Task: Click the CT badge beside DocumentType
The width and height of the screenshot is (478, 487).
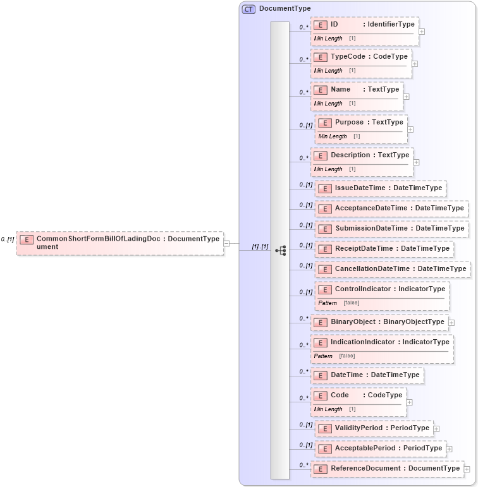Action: [x=249, y=9]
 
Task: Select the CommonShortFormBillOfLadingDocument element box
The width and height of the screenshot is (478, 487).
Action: [x=120, y=243]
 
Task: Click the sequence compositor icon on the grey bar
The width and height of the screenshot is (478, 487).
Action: [x=280, y=251]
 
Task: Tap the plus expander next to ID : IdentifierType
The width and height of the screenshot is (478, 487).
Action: [x=422, y=31]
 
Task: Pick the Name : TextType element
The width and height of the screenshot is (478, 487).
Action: [x=357, y=90]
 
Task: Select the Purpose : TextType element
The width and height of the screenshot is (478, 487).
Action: [x=361, y=123]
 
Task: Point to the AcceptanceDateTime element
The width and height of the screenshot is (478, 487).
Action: [x=391, y=208]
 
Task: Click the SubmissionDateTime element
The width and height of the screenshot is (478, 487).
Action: [x=391, y=229]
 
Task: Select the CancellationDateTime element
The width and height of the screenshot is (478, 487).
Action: [x=393, y=269]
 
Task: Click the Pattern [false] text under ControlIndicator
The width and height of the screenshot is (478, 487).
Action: [x=339, y=303]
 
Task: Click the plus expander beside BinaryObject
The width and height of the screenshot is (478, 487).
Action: [x=451, y=322]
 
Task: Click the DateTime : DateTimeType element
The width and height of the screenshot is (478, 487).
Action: [x=367, y=375]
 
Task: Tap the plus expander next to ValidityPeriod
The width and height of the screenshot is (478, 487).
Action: [x=436, y=429]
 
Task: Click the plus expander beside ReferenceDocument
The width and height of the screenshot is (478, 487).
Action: [x=467, y=469]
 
